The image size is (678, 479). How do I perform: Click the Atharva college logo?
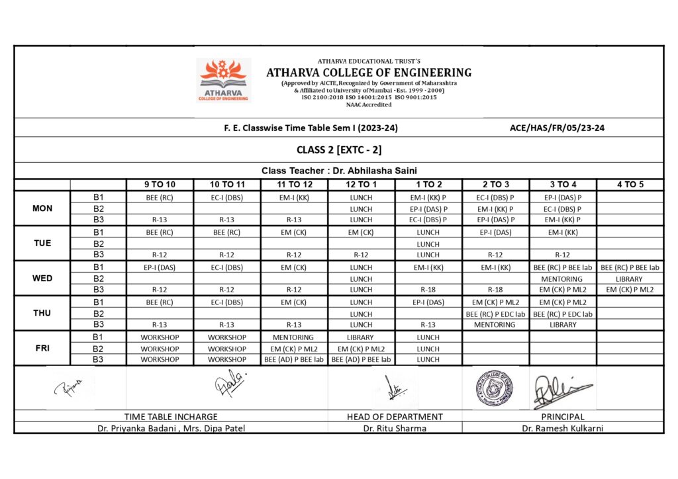tap(223, 80)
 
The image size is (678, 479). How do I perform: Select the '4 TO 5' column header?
tap(630, 185)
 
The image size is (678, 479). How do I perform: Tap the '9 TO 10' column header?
tap(160, 185)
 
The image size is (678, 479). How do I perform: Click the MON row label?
tap(42, 208)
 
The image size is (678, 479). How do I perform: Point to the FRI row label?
tap(42, 348)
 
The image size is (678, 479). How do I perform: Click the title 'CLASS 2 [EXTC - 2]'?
tap(338, 150)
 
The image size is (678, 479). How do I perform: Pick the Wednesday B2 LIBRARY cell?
tap(630, 279)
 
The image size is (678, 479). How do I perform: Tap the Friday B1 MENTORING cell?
tap(293, 337)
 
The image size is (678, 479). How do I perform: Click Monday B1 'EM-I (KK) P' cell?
tap(428, 197)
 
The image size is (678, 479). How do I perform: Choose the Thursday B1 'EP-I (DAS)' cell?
tap(428, 302)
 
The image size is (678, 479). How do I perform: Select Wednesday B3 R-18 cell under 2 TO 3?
tap(495, 290)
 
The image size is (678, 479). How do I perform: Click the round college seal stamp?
tap(495, 388)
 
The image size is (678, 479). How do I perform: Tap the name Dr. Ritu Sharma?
tap(395, 428)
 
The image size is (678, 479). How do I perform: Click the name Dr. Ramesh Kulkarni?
tap(562, 428)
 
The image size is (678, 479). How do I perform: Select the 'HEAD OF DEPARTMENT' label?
tap(395, 417)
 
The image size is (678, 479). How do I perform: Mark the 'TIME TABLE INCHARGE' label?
tap(171, 417)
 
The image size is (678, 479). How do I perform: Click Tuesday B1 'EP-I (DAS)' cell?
tap(495, 232)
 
